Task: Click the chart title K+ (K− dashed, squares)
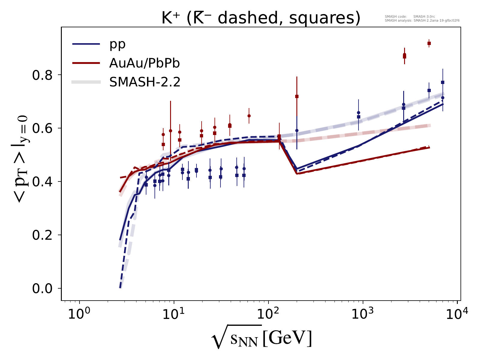(x=261, y=19)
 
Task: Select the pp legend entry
(x=117, y=44)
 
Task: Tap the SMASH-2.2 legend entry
(x=145, y=82)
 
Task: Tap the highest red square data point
(x=429, y=43)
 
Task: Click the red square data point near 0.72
(x=297, y=96)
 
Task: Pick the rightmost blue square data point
(x=442, y=82)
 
